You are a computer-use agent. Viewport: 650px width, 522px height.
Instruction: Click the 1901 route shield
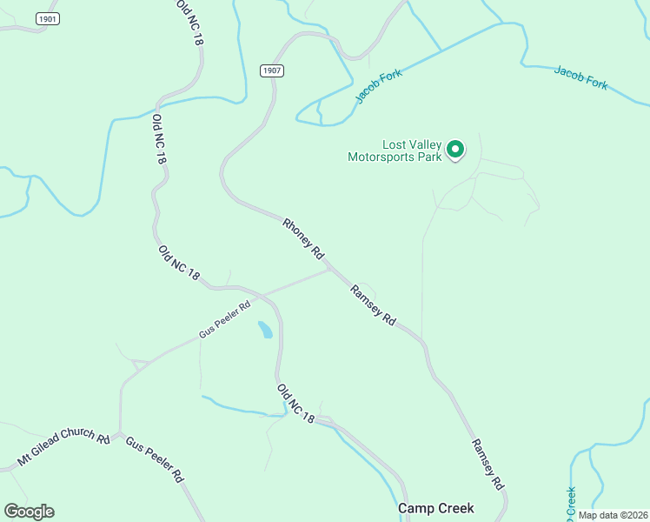tap(48, 18)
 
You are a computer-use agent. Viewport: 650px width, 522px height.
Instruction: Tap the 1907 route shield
tap(272, 70)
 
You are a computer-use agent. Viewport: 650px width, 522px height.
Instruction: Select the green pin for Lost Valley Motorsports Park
tap(455, 151)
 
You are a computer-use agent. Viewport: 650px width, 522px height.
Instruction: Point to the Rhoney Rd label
tap(303, 238)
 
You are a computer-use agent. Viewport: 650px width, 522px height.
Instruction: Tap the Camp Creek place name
tap(435, 508)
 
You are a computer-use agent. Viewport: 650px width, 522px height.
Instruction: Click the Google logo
tap(29, 512)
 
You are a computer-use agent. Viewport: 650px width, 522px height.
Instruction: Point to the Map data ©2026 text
tap(613, 514)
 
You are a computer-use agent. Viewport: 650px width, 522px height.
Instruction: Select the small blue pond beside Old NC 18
tap(265, 330)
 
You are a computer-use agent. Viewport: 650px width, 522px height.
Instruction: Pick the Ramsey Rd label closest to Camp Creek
tap(487, 463)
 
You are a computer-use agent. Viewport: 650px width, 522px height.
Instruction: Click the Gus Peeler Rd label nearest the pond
tap(224, 318)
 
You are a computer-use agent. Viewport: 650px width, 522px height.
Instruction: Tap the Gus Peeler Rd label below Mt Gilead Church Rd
tap(154, 459)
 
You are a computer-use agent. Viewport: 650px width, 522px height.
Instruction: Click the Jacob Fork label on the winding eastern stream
tap(580, 77)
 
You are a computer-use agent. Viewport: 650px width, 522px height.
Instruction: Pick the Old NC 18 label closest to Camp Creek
tap(295, 404)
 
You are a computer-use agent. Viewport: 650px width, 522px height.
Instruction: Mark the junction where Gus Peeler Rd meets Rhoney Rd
tap(328, 269)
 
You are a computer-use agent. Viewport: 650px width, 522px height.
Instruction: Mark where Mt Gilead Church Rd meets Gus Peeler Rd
tap(120, 432)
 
